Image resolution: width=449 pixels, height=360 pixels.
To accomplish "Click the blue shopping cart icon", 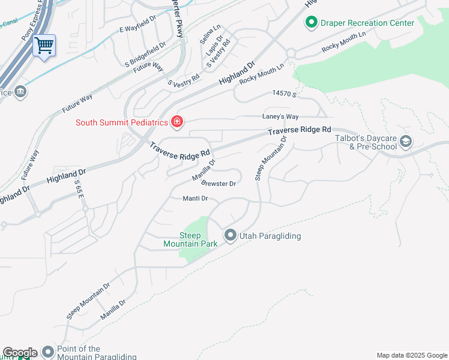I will [x=44, y=45].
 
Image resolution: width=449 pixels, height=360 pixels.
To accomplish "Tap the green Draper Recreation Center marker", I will [x=311, y=23].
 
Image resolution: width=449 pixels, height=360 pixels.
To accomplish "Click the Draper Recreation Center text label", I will [x=367, y=23].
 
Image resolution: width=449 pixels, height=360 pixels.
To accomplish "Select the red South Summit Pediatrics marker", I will [x=177, y=122].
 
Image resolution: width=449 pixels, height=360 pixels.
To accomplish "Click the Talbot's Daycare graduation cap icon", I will [x=405, y=142].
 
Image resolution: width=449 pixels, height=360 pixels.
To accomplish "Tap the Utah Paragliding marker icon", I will [x=231, y=236].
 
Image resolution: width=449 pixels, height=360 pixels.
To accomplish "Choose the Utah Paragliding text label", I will [x=270, y=236].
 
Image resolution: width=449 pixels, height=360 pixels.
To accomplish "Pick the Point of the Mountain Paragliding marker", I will [x=47, y=351].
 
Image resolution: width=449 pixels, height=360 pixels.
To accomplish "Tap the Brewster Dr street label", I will [x=218, y=184].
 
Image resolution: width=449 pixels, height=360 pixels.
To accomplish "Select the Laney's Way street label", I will [x=280, y=116].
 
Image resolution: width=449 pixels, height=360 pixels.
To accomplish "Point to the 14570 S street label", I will [x=285, y=94].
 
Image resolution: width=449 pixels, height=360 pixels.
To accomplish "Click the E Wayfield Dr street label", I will [x=137, y=29].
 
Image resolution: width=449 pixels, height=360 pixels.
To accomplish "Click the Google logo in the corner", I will [x=20, y=353].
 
